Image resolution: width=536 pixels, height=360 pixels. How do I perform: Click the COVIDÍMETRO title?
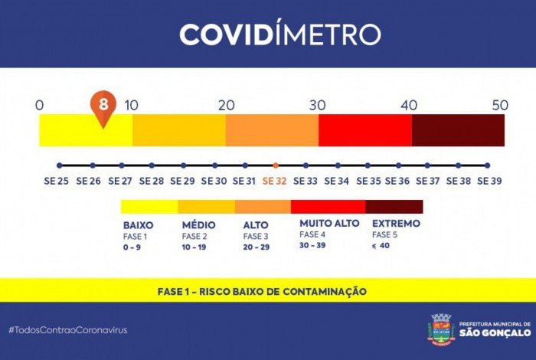coord(279,34)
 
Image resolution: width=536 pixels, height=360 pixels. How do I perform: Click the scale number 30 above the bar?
coord(319,105)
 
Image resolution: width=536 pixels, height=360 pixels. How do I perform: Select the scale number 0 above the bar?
coord(40,105)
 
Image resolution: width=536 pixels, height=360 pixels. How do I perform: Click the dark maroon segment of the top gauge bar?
coord(458,129)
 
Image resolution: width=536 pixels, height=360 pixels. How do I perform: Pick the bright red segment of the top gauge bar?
coord(364,129)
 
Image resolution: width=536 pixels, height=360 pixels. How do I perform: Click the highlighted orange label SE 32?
coord(276,182)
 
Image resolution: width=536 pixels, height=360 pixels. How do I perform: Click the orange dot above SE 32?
coord(276,165)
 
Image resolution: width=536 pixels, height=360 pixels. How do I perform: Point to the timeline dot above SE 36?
coord(397,165)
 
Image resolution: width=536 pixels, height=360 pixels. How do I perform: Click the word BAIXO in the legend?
coord(139,225)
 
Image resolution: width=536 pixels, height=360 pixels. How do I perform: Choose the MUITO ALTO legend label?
coord(329,223)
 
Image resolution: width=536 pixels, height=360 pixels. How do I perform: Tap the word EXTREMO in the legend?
coord(396,223)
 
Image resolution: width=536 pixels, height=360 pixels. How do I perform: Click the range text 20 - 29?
coord(257,247)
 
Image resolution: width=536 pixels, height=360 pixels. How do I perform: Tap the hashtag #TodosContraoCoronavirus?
coord(68,329)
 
